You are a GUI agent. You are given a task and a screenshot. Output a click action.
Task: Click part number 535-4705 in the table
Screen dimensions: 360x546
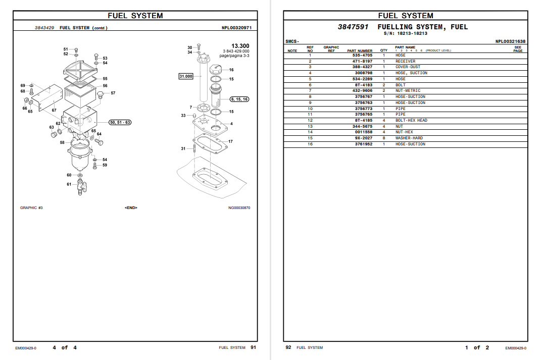(x=362, y=55)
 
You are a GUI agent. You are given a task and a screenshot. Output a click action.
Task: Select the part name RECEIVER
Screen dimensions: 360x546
(x=405, y=61)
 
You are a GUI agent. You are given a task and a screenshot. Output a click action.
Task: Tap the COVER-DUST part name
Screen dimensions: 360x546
(x=408, y=67)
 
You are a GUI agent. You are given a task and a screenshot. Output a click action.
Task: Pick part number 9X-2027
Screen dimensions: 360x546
(x=364, y=138)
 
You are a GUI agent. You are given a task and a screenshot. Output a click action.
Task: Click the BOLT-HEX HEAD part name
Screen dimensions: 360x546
(x=411, y=120)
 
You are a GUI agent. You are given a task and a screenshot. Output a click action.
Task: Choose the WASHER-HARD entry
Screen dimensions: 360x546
(x=409, y=138)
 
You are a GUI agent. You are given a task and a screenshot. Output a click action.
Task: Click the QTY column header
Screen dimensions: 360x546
(x=384, y=50)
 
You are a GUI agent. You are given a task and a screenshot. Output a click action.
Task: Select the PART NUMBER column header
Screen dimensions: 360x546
(x=360, y=50)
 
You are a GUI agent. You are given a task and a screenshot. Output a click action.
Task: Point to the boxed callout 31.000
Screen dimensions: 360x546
(x=186, y=76)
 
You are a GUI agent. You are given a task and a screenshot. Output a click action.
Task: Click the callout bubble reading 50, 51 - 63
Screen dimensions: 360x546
(x=120, y=122)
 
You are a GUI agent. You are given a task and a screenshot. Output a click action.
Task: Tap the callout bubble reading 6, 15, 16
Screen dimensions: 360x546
(x=239, y=99)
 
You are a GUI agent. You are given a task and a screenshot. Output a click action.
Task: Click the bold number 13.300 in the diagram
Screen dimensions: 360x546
(x=240, y=46)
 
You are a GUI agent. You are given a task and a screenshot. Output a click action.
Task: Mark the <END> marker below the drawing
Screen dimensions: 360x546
(x=131, y=208)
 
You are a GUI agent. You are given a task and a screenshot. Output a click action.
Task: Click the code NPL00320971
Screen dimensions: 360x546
(x=236, y=28)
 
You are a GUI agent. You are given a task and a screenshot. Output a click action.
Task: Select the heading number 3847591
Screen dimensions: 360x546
(x=353, y=27)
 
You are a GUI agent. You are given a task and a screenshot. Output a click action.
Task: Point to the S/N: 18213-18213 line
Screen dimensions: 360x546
(x=405, y=33)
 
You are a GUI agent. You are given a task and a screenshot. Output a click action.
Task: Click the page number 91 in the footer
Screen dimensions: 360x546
(x=253, y=347)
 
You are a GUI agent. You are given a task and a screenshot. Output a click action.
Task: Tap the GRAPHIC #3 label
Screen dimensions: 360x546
(x=31, y=208)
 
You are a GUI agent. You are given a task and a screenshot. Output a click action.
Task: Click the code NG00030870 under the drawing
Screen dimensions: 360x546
(x=239, y=208)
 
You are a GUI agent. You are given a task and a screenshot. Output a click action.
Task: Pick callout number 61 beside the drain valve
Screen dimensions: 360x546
(x=69, y=184)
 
